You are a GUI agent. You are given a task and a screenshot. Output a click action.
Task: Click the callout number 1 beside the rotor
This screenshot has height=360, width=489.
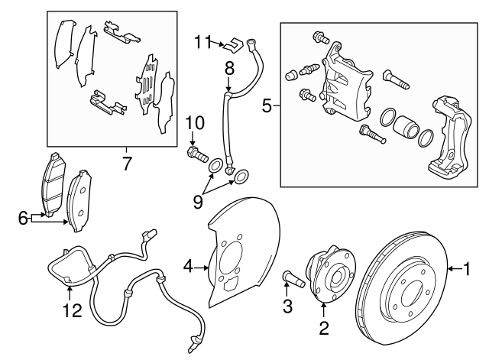(468, 268)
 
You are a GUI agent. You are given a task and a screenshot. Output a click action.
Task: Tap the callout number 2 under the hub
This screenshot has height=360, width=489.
(323, 329)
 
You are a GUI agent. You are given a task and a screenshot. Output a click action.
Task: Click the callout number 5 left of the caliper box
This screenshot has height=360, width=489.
(267, 106)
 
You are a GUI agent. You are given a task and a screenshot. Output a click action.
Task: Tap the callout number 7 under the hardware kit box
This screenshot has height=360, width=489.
(127, 162)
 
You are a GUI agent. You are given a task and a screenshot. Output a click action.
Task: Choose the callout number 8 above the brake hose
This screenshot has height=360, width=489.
(228, 69)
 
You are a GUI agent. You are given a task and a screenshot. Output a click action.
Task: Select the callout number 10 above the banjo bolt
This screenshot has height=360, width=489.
(194, 122)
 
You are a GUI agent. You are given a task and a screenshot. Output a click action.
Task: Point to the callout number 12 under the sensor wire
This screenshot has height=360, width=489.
(70, 310)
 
